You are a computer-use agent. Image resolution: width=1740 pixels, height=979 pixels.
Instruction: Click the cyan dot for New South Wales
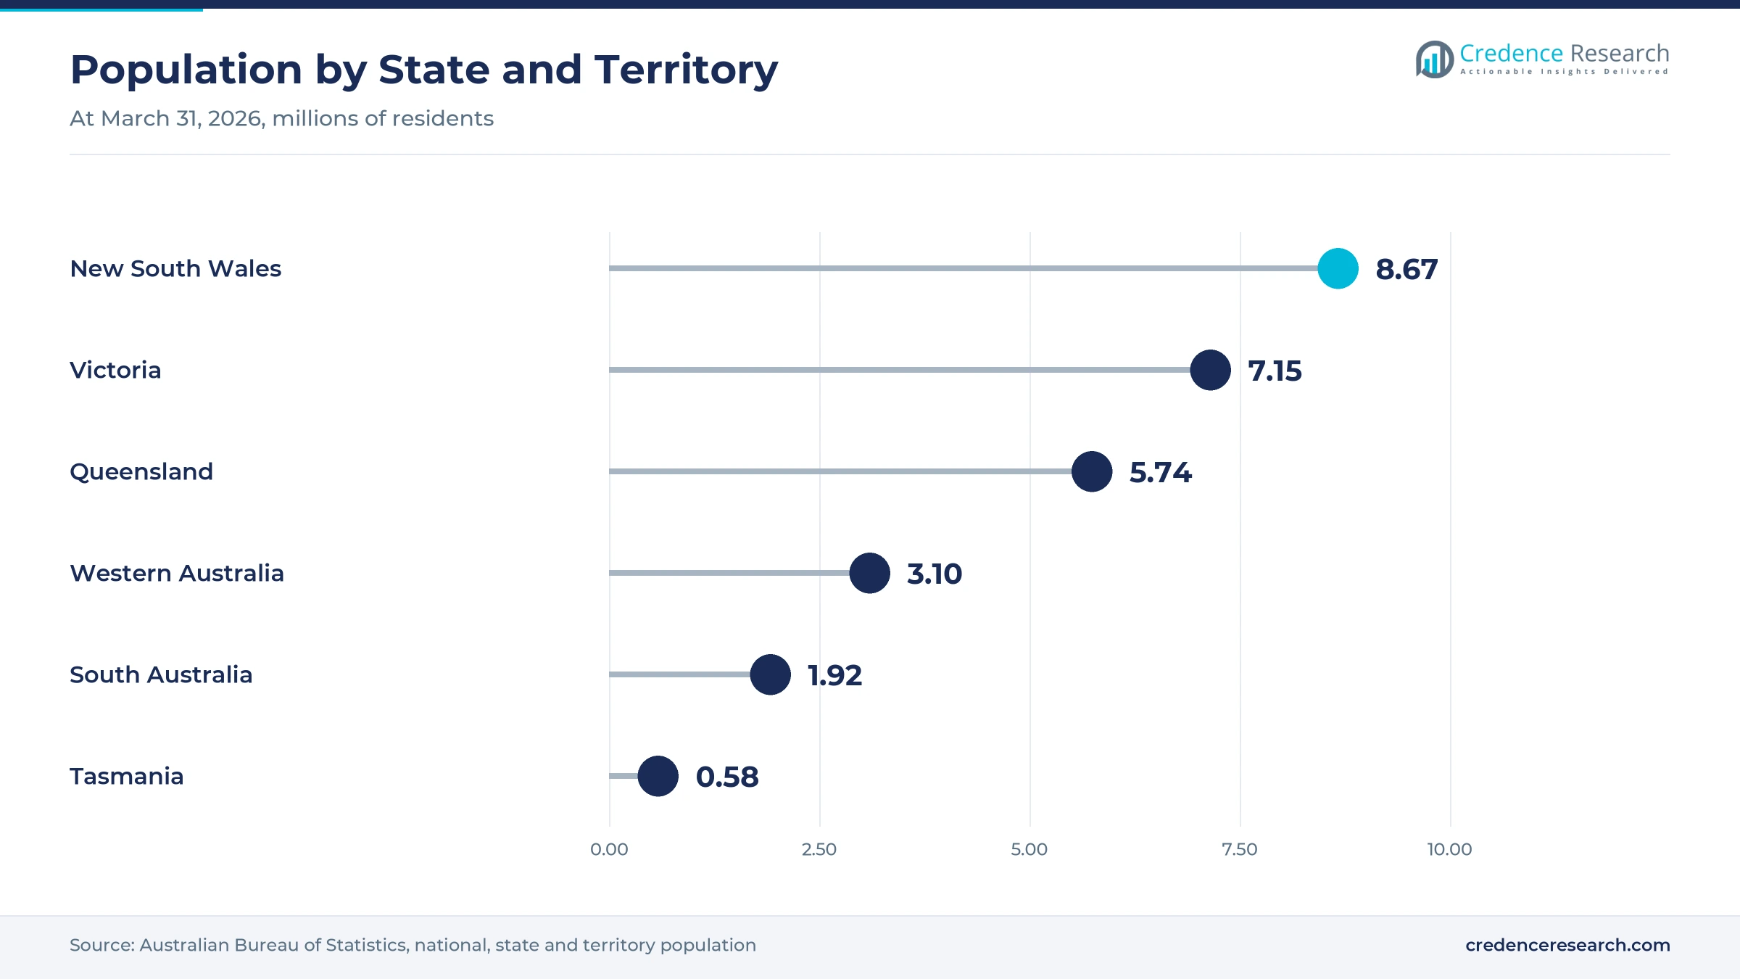click(x=1338, y=268)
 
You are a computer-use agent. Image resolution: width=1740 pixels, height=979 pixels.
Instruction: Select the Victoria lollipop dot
click(x=1210, y=370)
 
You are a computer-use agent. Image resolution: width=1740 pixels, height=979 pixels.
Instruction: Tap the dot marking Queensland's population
click(x=1092, y=471)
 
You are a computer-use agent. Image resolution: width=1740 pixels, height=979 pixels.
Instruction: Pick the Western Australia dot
click(x=869, y=573)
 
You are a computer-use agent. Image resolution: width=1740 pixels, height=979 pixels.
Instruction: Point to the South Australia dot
click(x=770, y=674)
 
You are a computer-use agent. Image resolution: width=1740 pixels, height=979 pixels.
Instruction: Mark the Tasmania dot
click(x=658, y=776)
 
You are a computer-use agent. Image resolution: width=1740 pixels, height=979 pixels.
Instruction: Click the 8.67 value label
click(x=1406, y=269)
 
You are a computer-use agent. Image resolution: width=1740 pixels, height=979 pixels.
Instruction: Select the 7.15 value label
click(x=1275, y=371)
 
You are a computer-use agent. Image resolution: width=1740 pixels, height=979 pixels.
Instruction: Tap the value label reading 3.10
click(x=935, y=574)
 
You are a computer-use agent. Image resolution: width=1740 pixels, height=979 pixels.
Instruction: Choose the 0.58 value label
click(x=727, y=777)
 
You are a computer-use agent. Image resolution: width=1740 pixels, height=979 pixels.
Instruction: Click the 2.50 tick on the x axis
click(x=819, y=849)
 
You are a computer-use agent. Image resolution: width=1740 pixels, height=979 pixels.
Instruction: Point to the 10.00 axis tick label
click(x=1450, y=849)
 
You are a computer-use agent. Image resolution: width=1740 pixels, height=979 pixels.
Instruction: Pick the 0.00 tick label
click(x=609, y=849)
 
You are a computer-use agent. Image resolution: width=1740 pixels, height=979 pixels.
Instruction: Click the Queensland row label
click(x=141, y=472)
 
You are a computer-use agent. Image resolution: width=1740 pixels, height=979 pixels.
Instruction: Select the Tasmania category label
click(x=127, y=776)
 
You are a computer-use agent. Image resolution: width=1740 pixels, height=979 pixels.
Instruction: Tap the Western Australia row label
click(x=177, y=573)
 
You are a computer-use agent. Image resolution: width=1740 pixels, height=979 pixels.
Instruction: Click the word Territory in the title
click(x=686, y=70)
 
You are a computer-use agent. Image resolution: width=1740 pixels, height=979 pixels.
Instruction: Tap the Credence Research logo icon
click(x=1435, y=59)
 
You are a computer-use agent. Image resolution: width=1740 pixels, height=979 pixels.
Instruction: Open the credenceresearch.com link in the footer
click(x=1567, y=945)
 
